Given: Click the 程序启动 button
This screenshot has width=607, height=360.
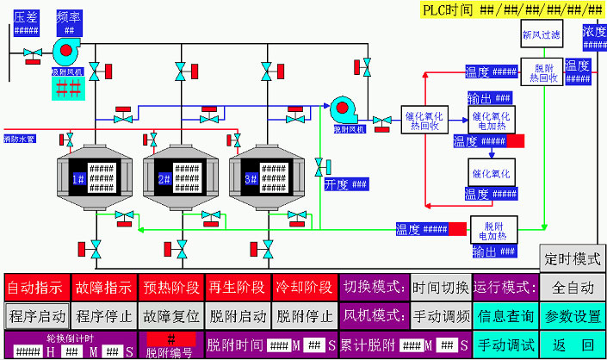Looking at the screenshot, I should pos(37,315).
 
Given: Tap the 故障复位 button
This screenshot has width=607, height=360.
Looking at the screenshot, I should pos(170,315).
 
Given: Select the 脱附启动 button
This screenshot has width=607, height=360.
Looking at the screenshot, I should pos(237,315).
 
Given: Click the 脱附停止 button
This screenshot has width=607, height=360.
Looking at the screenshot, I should pos(304,315).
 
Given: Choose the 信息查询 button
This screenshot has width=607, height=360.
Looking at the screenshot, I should pos(506,315).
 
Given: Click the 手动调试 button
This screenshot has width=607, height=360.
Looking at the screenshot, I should pos(506,344).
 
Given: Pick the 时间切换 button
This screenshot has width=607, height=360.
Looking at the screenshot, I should pos(440,286).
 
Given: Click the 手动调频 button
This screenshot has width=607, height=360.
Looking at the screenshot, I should pos(440,315).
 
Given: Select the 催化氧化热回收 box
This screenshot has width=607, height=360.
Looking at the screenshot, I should pos(422,120).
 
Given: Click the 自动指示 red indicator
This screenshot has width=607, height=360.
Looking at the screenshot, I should pos(37,286).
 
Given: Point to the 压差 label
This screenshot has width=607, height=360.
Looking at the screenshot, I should pos(26,16).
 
